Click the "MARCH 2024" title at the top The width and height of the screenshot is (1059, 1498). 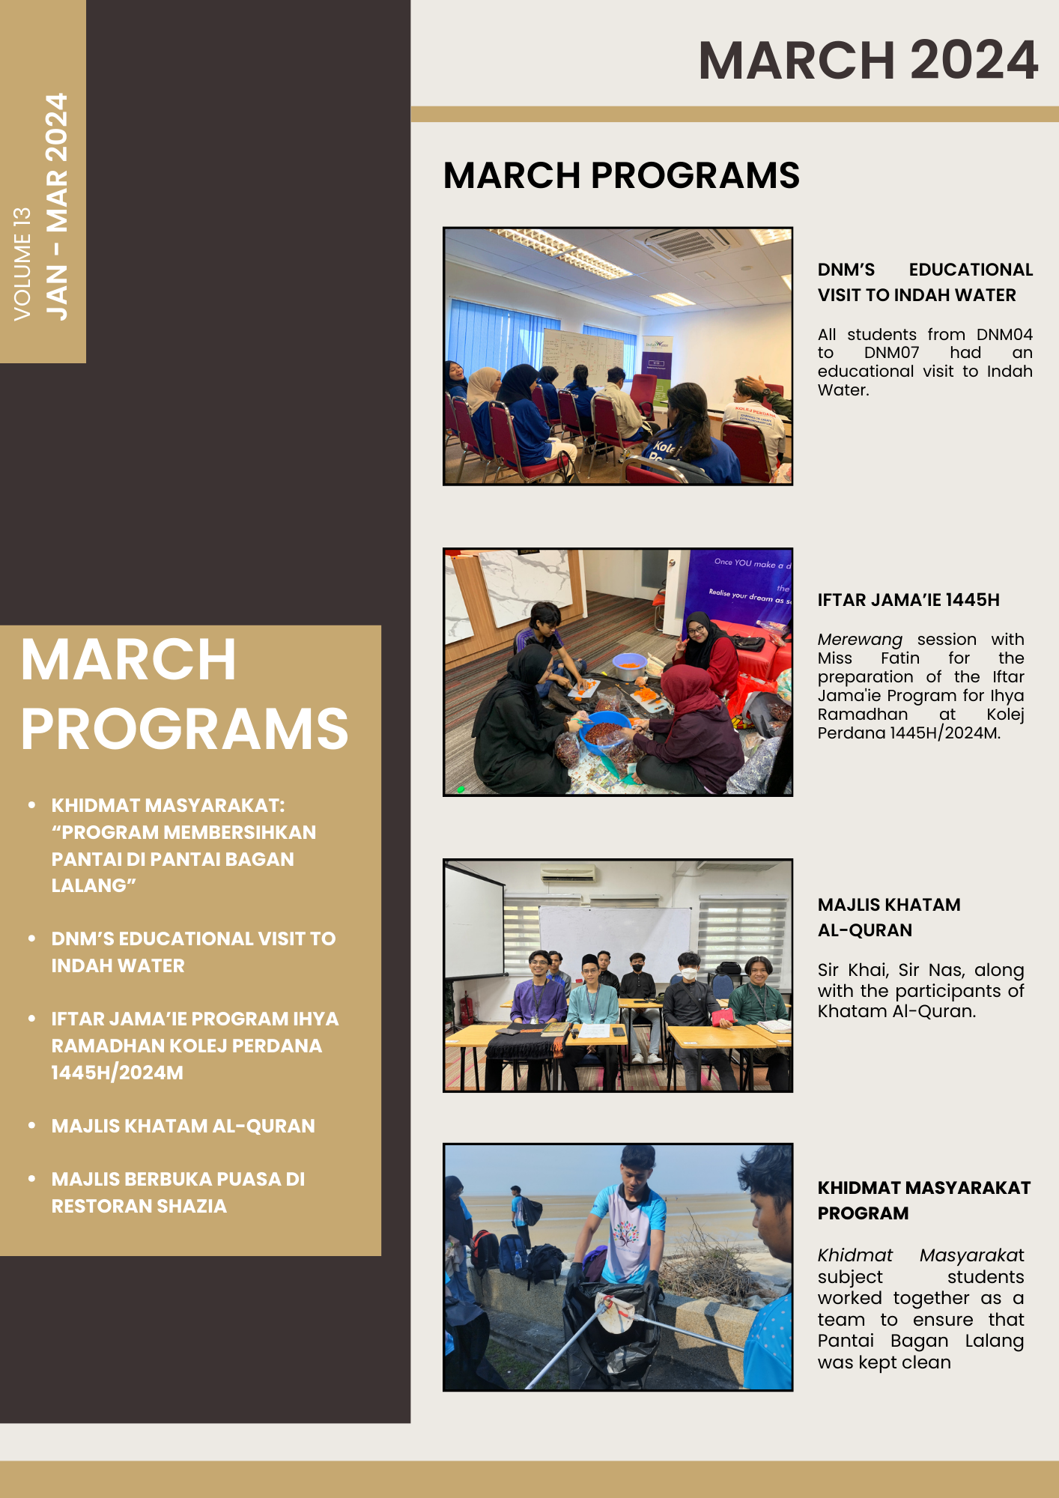click(867, 60)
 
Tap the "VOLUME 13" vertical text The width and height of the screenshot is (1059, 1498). click(22, 264)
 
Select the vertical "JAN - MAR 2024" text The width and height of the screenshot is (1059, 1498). click(57, 207)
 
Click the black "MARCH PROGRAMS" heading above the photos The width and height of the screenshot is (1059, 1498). click(621, 175)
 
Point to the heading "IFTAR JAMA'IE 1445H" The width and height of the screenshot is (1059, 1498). click(908, 600)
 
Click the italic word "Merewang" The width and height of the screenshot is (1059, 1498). click(859, 640)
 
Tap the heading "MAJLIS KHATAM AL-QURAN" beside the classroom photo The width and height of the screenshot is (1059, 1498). click(888, 918)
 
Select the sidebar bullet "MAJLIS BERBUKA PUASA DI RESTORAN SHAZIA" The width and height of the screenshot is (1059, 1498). click(178, 1192)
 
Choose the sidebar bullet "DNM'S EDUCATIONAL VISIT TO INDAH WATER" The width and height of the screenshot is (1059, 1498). click(193, 952)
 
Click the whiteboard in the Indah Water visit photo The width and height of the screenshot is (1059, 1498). click(583, 353)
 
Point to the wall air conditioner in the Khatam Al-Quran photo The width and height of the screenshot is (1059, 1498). click(568, 873)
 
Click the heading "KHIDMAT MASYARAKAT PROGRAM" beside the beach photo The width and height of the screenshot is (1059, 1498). click(923, 1201)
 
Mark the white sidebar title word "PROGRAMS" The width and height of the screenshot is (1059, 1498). click(184, 729)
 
